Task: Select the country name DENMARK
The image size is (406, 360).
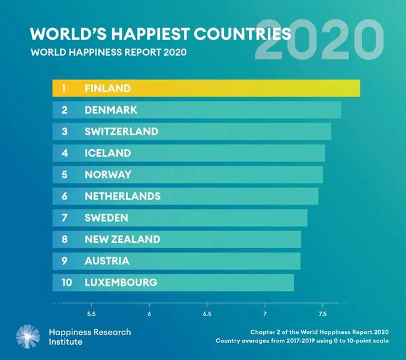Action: [x=110, y=110]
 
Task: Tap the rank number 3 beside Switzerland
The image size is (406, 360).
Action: [x=64, y=131]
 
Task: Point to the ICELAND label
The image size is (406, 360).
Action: [x=107, y=153]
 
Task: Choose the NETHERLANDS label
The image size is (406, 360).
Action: [x=122, y=196]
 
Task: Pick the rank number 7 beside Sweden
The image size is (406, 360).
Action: [x=64, y=218]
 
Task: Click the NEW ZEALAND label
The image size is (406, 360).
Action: [x=122, y=239]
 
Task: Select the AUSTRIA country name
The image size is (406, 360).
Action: [x=107, y=261]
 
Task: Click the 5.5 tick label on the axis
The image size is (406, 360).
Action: [x=91, y=314]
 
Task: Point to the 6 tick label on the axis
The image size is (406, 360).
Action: [x=149, y=314]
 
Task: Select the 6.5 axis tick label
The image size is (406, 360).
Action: [x=207, y=314]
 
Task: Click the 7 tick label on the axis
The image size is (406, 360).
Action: [x=265, y=314]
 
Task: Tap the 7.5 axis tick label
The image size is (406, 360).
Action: [x=322, y=314]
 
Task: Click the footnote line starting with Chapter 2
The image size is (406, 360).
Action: [x=319, y=331]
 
